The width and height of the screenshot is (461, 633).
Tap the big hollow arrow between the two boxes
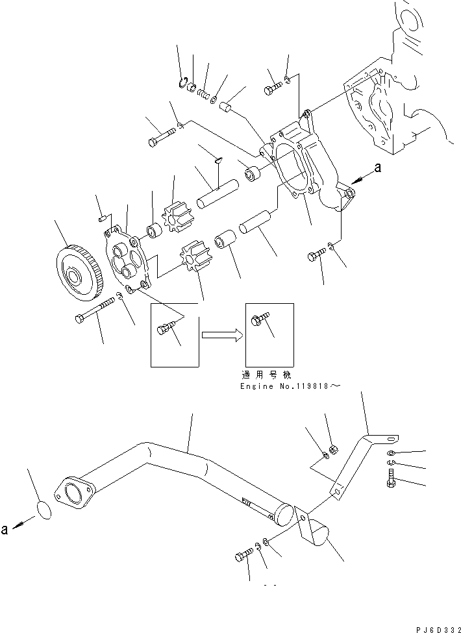(x=221, y=336)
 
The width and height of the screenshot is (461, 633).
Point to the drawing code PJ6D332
(x=436, y=628)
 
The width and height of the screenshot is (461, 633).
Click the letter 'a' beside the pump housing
(x=378, y=168)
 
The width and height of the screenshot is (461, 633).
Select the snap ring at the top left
(x=184, y=81)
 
